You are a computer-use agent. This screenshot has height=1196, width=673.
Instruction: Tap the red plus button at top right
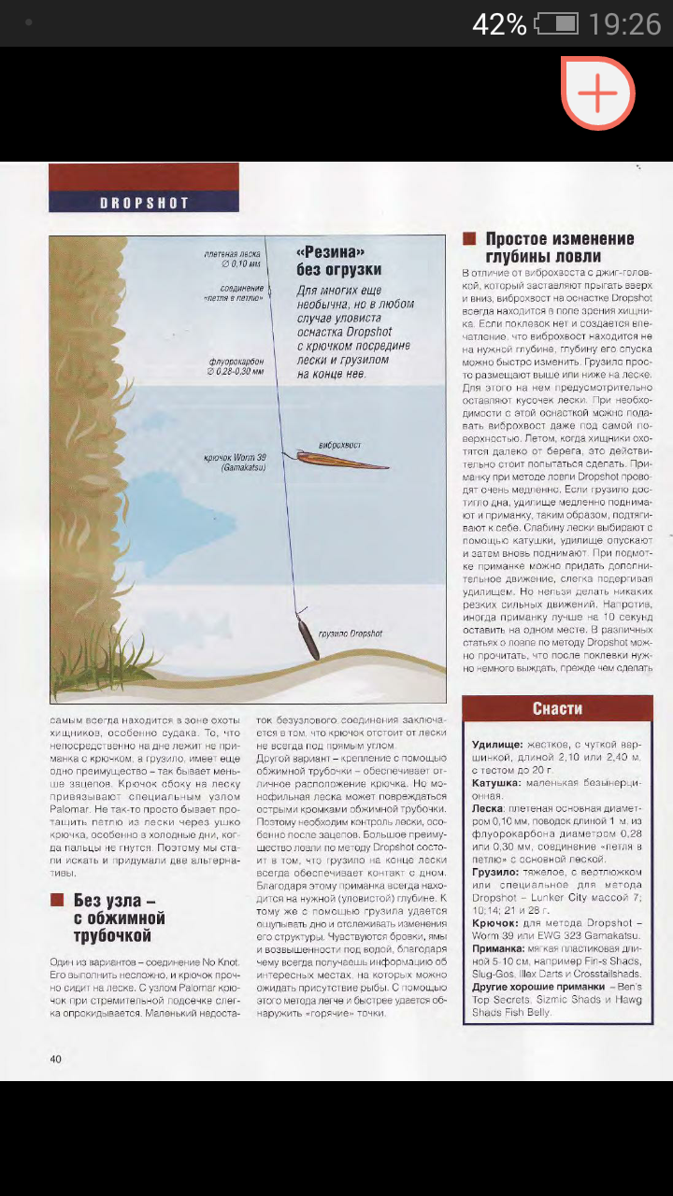pyautogui.click(x=598, y=93)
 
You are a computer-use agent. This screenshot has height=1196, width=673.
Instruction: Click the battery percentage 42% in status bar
pyautogui.click(x=499, y=24)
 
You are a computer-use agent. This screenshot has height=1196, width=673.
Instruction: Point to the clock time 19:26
pyautogui.click(x=624, y=24)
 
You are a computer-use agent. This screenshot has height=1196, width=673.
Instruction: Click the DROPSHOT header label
pyautogui.click(x=144, y=203)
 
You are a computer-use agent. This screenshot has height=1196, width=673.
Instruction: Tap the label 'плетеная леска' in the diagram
pyautogui.click(x=232, y=254)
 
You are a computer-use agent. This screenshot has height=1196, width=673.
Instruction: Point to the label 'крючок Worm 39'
pyautogui.click(x=235, y=459)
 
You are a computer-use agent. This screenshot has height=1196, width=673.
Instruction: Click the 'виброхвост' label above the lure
pyautogui.click(x=339, y=445)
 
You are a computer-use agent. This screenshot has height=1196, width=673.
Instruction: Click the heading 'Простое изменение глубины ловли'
pyautogui.click(x=559, y=248)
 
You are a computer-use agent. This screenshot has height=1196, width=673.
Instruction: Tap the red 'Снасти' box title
pyautogui.click(x=557, y=708)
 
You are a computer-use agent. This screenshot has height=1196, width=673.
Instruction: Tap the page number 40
pyautogui.click(x=56, y=1059)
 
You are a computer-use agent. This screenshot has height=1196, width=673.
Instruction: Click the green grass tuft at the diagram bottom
pyautogui.click(x=109, y=654)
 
